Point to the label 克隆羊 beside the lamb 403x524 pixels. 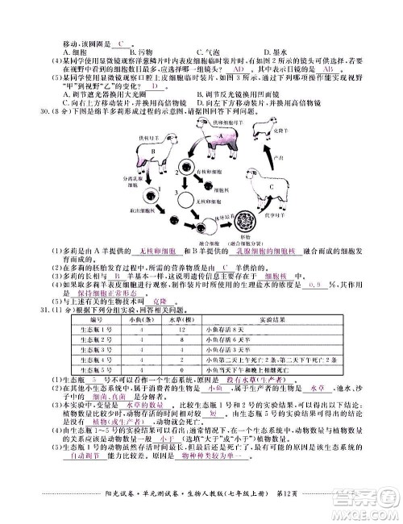click(x=282, y=130)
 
